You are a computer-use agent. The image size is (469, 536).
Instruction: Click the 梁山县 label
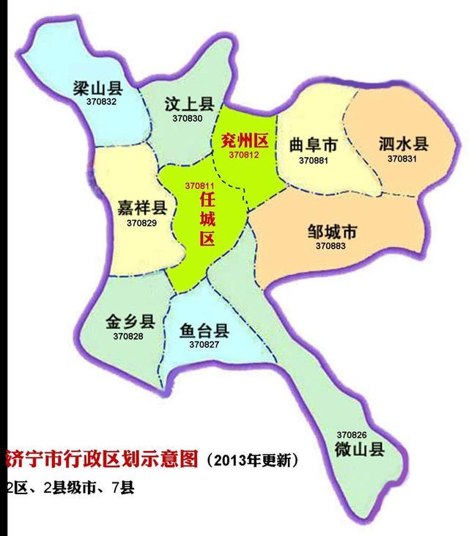(97, 89)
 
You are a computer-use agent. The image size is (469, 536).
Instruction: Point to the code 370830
(188, 117)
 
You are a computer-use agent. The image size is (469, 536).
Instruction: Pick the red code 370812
(243, 155)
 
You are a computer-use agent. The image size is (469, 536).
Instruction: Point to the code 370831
(402, 158)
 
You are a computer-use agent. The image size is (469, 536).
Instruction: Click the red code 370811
(200, 186)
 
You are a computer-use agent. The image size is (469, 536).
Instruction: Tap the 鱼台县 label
(204, 330)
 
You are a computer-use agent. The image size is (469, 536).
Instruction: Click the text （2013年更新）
(252, 460)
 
